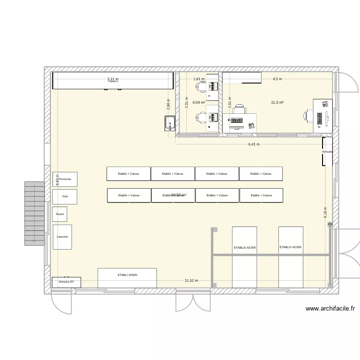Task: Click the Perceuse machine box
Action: (x=65, y=179)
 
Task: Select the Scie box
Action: (x=65, y=196)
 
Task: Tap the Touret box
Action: (x=60, y=214)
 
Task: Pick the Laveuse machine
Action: (x=62, y=237)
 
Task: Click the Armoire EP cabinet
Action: (x=66, y=282)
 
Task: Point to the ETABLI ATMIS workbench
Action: (x=127, y=278)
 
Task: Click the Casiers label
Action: (x=113, y=82)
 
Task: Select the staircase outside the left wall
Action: (x=35, y=214)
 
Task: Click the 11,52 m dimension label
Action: (x=192, y=281)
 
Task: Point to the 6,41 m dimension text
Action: (x=253, y=144)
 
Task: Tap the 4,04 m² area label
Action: (x=199, y=102)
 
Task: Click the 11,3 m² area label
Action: (x=277, y=102)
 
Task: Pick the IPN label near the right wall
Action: (x=330, y=224)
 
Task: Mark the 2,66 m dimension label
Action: (x=168, y=104)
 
